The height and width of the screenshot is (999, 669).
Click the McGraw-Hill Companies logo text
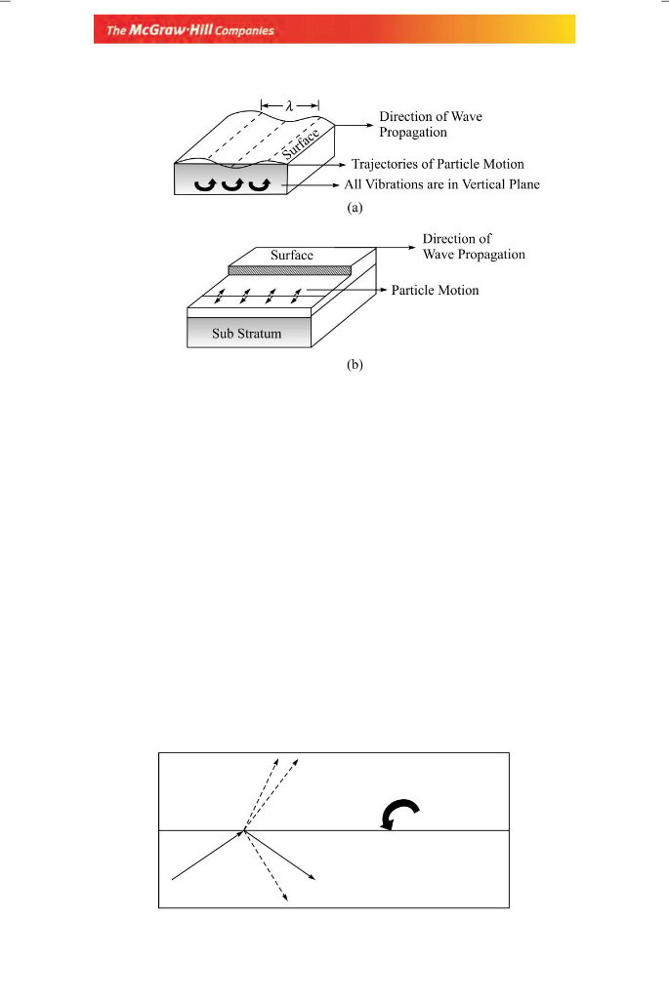[190, 30]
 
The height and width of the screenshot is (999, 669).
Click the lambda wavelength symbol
[289, 105]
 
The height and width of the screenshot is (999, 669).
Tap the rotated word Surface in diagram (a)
[301, 143]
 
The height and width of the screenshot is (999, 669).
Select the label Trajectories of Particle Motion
[438, 164]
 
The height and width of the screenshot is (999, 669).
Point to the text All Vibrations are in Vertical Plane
[442, 184]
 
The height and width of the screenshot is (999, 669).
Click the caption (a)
[355, 207]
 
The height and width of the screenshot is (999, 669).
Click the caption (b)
[355, 365]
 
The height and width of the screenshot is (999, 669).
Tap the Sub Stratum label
[247, 334]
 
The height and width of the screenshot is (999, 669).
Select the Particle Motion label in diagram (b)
[435, 290]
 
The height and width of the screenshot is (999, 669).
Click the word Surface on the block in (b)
[291, 255]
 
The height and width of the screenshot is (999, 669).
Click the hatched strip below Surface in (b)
[289, 270]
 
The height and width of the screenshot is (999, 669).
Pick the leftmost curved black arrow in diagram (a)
[205, 184]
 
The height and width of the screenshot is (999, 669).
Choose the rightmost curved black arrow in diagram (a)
[260, 184]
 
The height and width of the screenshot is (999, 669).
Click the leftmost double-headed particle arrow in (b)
[220, 297]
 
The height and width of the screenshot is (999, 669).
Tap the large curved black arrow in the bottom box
[399, 814]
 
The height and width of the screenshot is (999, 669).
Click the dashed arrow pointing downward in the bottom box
[266, 865]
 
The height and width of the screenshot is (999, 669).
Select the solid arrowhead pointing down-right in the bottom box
[312, 877]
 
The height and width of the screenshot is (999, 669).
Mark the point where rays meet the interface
[243, 831]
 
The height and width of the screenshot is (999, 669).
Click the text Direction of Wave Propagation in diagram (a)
[431, 124]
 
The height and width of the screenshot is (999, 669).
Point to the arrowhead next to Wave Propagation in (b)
[412, 247]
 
